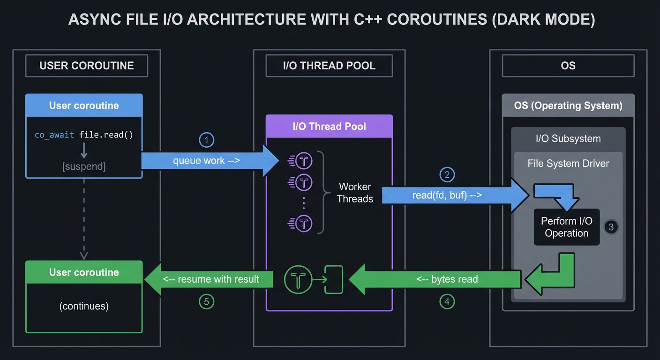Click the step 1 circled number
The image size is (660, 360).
point(206,140)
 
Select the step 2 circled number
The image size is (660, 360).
point(447,175)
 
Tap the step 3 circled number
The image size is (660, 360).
point(611,227)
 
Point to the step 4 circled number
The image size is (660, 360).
point(447,302)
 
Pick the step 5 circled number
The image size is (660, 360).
point(206,302)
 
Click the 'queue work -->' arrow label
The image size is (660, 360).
point(206,161)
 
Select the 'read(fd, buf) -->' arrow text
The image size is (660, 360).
point(447,195)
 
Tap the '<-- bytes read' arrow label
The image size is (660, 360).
point(447,279)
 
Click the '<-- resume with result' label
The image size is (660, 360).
point(211,279)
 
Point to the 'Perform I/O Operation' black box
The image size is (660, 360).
point(566,227)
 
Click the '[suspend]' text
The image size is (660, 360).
point(84,166)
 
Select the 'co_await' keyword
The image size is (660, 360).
point(54,135)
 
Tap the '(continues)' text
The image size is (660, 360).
point(84,306)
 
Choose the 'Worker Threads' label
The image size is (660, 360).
point(355,193)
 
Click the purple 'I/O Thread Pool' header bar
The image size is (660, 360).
point(329,126)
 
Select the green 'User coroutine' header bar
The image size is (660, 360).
point(84,272)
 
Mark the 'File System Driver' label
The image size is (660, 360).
point(568,164)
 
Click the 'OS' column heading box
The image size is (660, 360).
point(568,66)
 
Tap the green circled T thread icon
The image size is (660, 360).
point(298,280)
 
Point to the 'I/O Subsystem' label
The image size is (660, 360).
point(568,139)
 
